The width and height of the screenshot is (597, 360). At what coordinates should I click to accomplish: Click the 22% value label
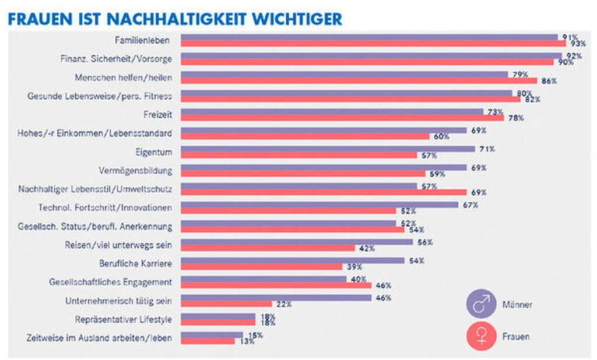[x=284, y=303]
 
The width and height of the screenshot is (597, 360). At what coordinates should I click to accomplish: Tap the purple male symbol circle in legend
[x=481, y=305]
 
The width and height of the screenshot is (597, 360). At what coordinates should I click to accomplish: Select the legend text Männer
[x=517, y=305]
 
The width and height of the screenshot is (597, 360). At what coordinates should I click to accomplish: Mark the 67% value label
[x=470, y=204]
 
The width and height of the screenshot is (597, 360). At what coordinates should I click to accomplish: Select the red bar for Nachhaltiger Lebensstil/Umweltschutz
[x=324, y=192]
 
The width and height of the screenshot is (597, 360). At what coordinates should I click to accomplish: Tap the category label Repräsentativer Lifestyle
[x=124, y=319]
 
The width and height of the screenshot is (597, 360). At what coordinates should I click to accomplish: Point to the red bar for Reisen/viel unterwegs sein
[x=268, y=248]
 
